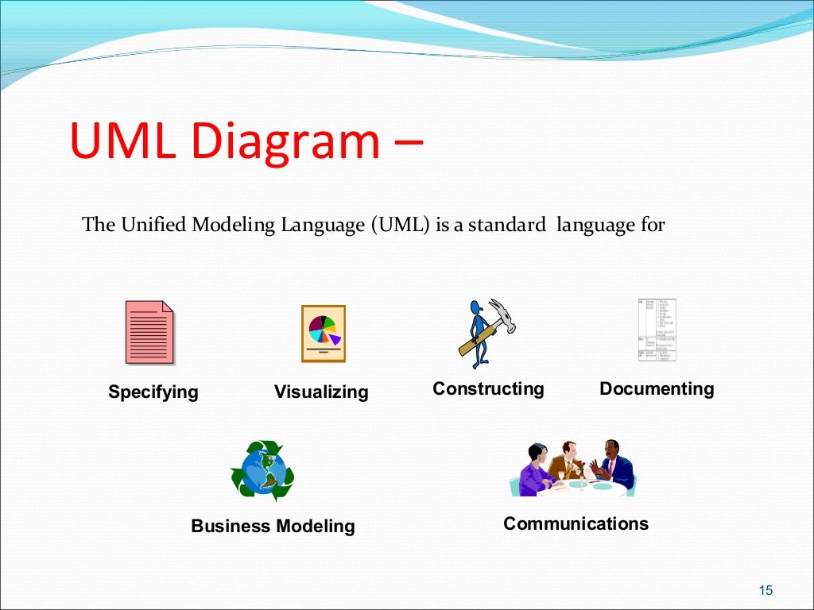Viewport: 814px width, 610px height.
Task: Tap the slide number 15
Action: click(766, 589)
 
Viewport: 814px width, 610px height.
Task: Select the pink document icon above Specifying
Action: click(149, 332)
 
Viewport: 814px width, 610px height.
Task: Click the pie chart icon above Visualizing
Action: click(323, 334)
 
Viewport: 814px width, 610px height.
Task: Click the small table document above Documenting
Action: click(657, 330)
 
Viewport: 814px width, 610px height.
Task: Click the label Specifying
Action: click(153, 392)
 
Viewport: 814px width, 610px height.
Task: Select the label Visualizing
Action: click(321, 392)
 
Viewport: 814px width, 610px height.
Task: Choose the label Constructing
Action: click(488, 388)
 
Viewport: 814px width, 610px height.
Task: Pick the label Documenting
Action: click(657, 388)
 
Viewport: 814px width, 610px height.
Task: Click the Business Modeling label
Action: click(273, 526)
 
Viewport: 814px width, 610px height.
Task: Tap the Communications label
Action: click(576, 523)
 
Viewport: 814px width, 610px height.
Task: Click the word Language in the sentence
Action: click(331, 225)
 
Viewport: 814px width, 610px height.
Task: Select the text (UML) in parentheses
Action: click(401, 225)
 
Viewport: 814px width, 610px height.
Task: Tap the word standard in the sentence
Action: click(506, 225)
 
